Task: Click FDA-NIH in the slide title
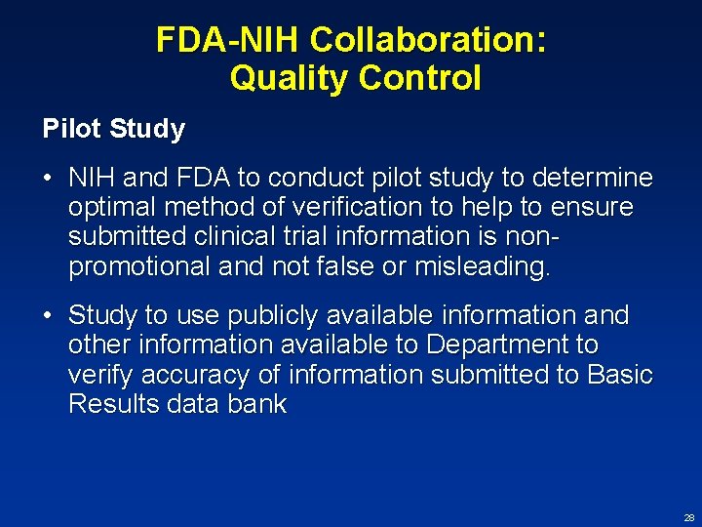(x=228, y=40)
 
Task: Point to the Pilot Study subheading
(x=114, y=129)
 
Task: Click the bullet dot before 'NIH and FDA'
(x=48, y=178)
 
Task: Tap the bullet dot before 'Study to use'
(x=48, y=316)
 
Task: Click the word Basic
(x=619, y=375)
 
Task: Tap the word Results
(x=110, y=404)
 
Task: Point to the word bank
(x=256, y=404)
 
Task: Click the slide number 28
(x=689, y=517)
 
